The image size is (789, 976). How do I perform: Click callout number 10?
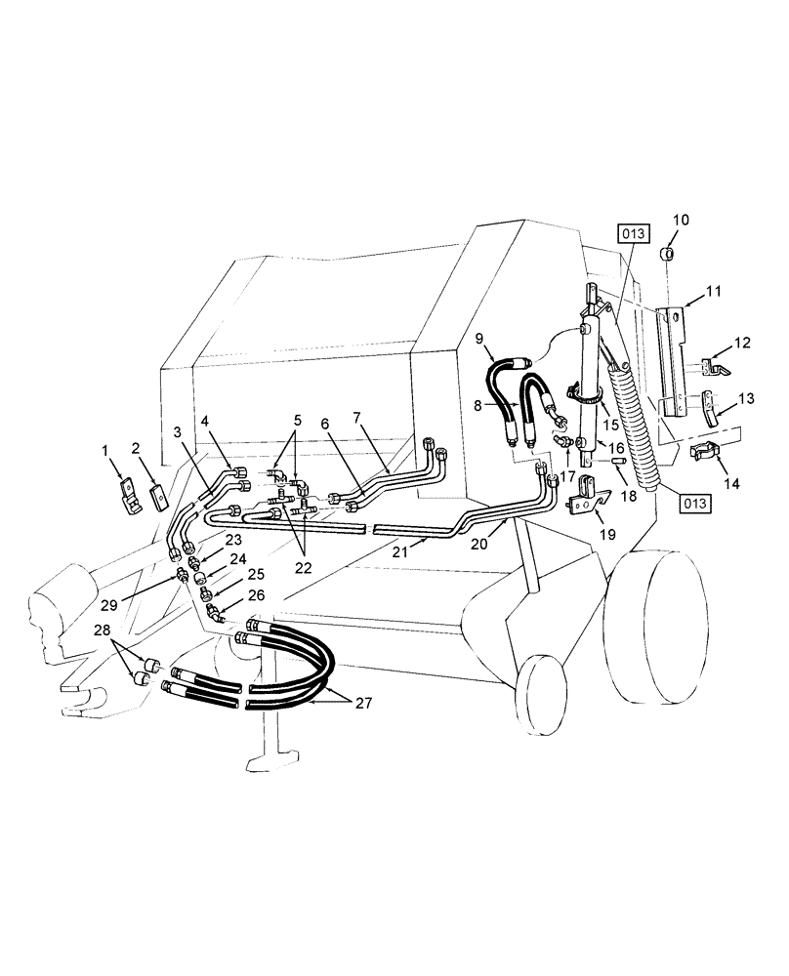680,220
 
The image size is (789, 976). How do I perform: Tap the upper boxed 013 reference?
630,234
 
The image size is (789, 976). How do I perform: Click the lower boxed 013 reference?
694,503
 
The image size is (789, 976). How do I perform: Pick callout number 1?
104,451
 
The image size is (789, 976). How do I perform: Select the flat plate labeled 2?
156,498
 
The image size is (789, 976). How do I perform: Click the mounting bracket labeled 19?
586,493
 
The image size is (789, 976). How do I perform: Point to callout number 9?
480,339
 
